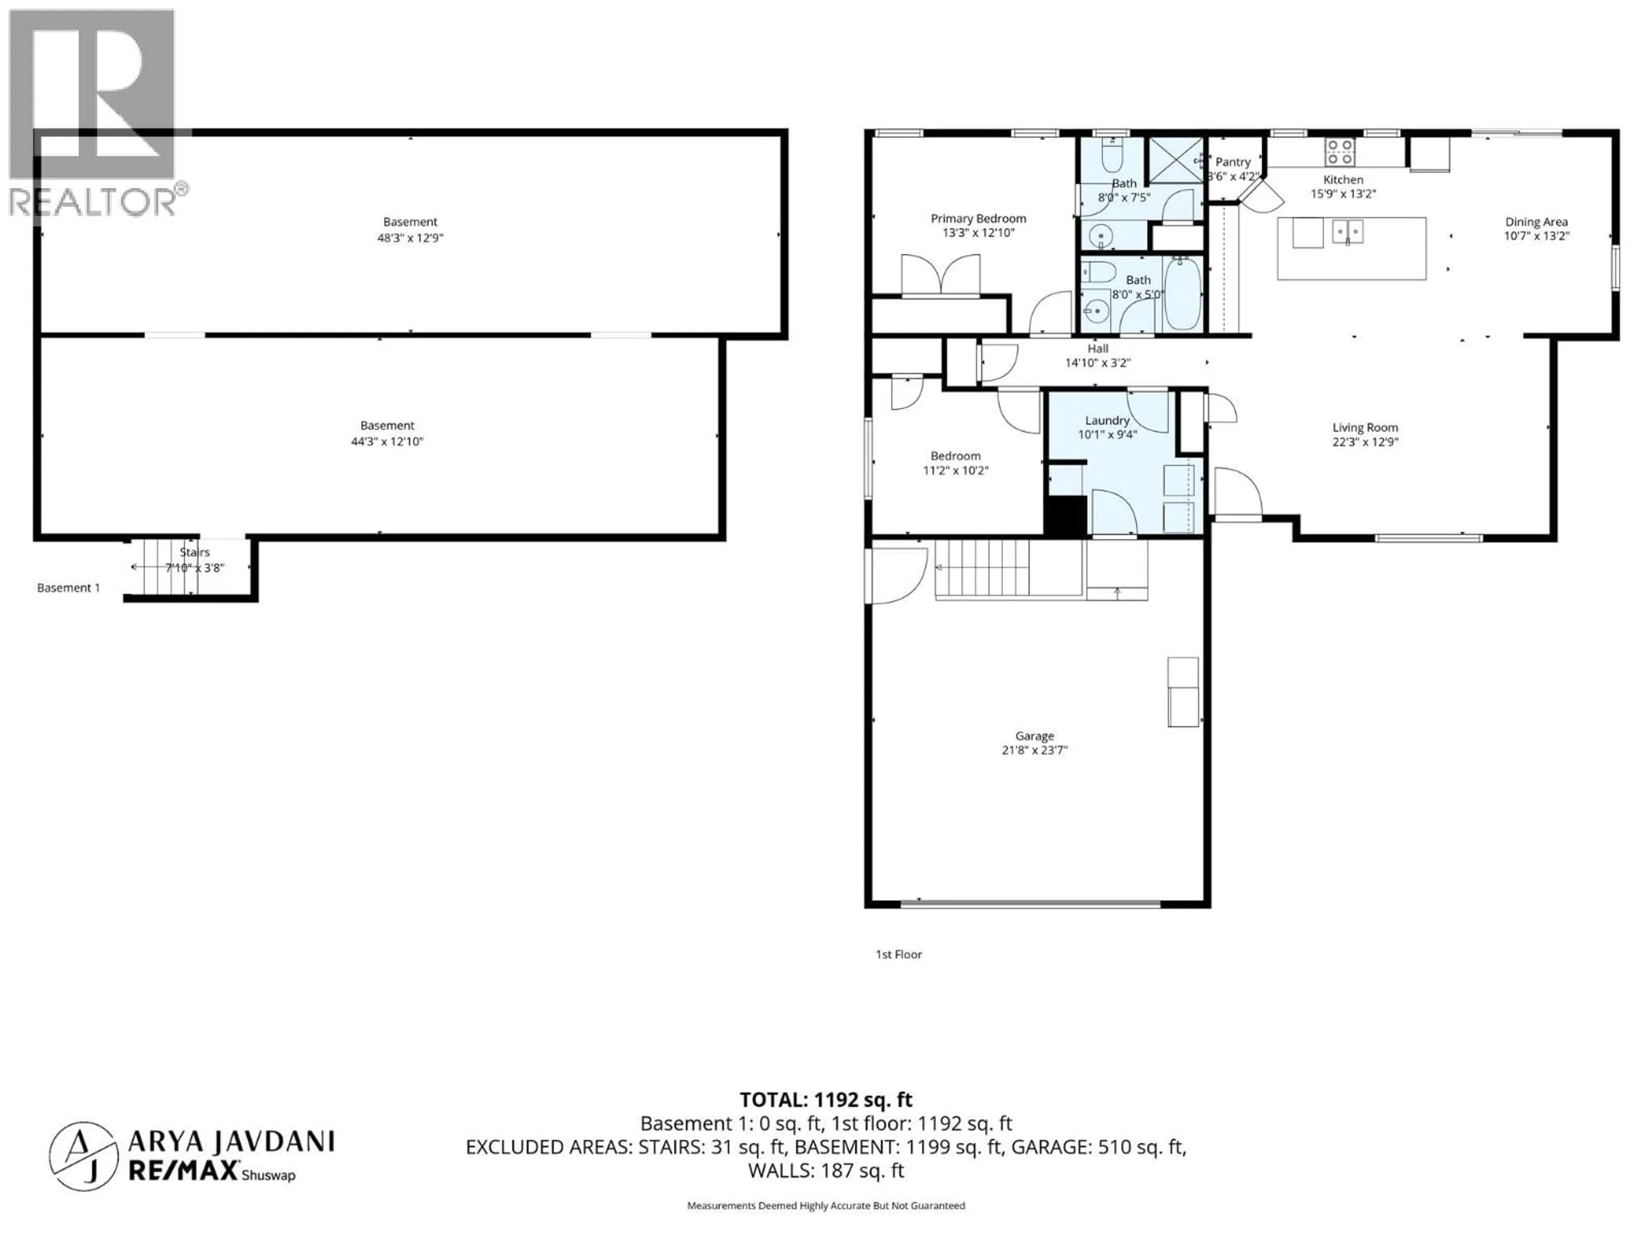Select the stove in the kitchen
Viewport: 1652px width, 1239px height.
1340,151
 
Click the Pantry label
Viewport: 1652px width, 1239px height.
1232,161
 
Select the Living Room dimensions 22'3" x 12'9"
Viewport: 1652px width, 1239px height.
1365,441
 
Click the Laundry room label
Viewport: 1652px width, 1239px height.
1107,420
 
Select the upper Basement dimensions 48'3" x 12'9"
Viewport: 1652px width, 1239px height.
410,237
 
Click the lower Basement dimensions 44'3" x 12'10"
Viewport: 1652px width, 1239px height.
387,441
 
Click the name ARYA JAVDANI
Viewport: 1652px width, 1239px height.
231,1141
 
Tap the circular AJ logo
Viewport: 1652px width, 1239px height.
83,1156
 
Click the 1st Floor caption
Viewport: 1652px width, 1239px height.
898,954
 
